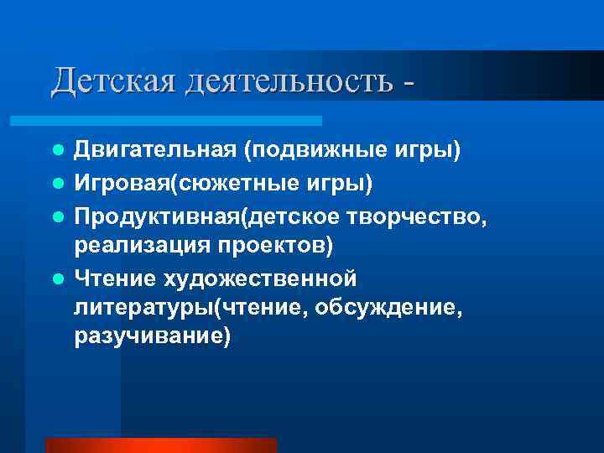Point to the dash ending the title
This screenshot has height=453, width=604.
(x=408, y=84)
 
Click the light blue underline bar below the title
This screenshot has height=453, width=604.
(x=185, y=121)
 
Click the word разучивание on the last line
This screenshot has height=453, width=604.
(x=152, y=340)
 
